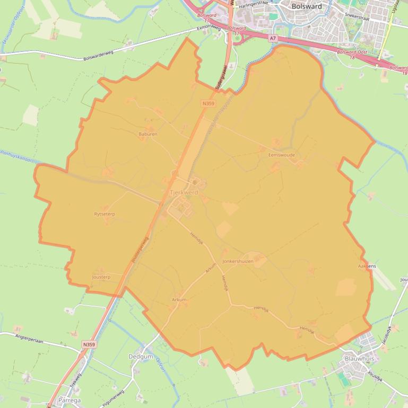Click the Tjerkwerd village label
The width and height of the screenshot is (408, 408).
(184, 192)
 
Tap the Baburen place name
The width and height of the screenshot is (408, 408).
(148, 134)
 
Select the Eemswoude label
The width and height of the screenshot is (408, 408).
(282, 155)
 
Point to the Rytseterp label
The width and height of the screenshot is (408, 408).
(105, 214)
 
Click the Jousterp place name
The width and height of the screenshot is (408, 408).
(101, 277)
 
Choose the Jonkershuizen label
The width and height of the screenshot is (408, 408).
(238, 261)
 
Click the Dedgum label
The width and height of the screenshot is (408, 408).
(141, 357)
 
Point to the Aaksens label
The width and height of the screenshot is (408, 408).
(367, 266)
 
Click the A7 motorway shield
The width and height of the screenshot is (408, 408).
(273, 38)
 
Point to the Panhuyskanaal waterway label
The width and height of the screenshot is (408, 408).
(16, 156)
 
